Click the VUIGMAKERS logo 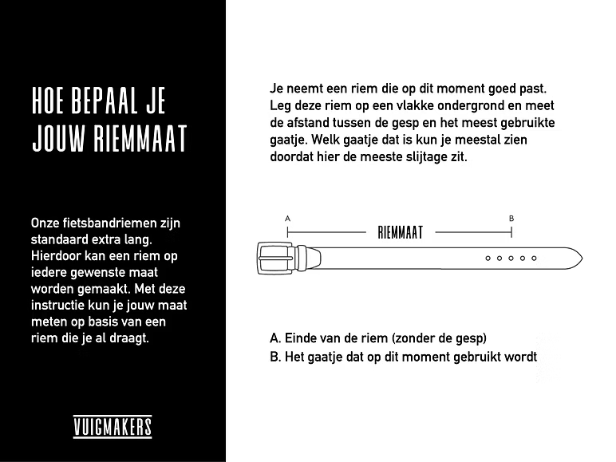(x=113, y=427)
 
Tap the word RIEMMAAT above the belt (x=400, y=233)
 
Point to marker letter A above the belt (x=287, y=218)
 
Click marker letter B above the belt (x=511, y=218)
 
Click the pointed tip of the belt (x=580, y=259)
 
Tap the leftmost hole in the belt (x=488, y=259)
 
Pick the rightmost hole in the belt (x=534, y=259)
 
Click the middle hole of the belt (x=511, y=259)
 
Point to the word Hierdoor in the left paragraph (x=57, y=256)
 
